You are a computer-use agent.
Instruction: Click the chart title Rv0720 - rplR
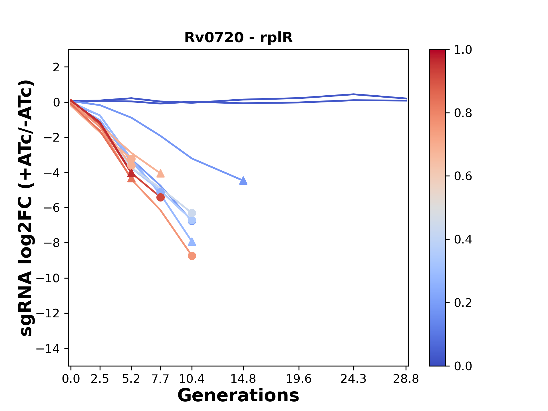tap(238, 38)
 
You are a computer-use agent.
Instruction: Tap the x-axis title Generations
tap(238, 396)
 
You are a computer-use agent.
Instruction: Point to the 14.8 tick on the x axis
tap(243, 379)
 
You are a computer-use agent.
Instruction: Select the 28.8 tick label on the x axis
tap(406, 379)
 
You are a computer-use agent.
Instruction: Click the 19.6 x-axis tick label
tap(299, 379)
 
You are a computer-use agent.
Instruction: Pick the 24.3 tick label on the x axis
tap(354, 379)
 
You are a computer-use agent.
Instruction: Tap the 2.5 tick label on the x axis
tap(100, 379)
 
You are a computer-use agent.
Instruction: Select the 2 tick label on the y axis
tap(56, 67)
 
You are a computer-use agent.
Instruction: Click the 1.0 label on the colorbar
tap(463, 50)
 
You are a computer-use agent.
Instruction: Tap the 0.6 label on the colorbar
tap(463, 176)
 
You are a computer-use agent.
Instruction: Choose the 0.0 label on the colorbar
tap(463, 366)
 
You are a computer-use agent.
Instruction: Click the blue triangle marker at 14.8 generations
tap(243, 180)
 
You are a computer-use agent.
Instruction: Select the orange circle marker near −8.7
tap(192, 256)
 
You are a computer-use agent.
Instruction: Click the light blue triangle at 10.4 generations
tap(192, 242)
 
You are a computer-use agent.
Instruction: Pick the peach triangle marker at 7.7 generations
tap(160, 173)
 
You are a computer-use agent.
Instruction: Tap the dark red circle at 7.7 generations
tap(160, 197)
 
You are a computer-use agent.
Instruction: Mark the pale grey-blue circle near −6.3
tap(192, 213)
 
